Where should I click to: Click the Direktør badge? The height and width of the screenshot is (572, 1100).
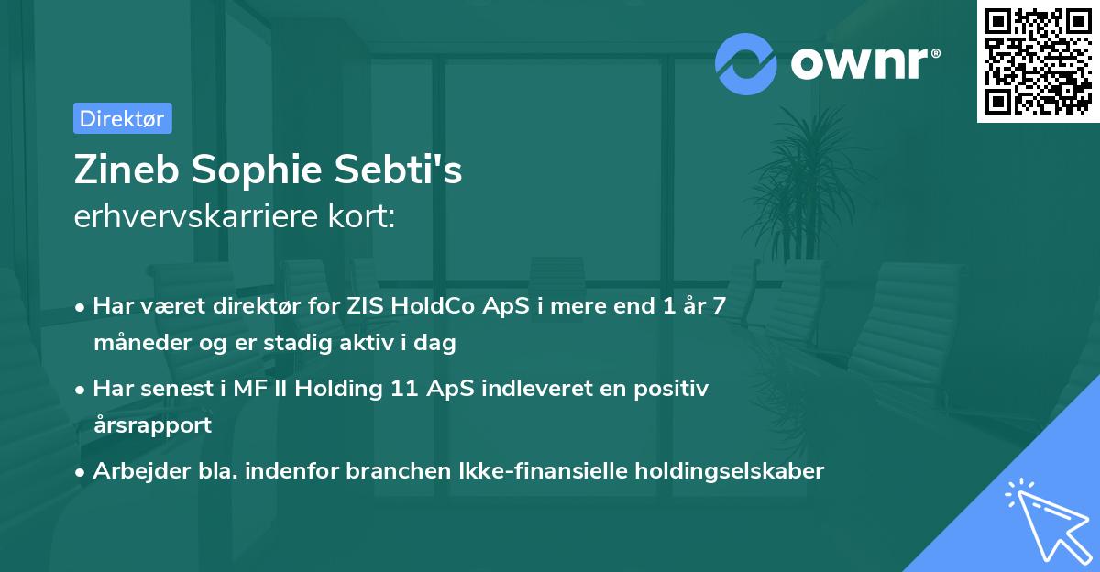click(x=122, y=118)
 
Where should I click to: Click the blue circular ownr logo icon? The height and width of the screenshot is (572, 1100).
click(x=746, y=63)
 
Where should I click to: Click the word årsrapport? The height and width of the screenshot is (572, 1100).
click(x=152, y=424)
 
